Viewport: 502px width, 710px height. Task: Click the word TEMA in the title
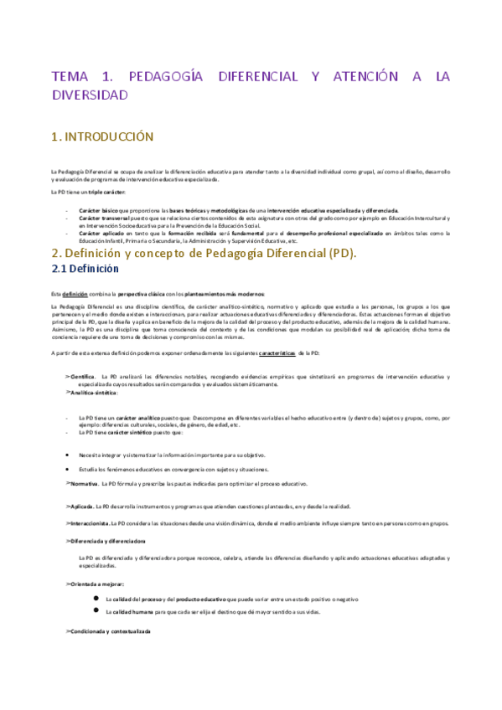[72, 76]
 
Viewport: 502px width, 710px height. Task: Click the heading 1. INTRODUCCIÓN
[102, 136]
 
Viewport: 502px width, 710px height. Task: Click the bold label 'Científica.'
[83, 376]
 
